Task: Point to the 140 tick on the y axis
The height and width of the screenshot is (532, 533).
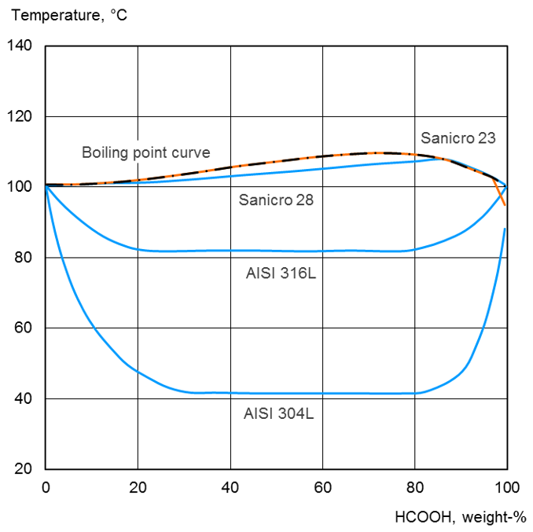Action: coord(20,46)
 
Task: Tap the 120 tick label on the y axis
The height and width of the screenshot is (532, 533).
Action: coord(20,117)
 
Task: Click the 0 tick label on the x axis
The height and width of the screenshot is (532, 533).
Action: coord(46,487)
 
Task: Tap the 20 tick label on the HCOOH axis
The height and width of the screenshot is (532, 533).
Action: coord(138,487)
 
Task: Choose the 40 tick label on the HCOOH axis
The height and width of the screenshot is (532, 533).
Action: coord(230,487)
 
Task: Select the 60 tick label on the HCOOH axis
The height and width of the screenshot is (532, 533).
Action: coord(322,487)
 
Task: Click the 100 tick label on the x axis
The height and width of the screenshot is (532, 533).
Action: coord(506,487)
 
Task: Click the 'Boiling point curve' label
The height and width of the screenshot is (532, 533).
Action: coord(145,152)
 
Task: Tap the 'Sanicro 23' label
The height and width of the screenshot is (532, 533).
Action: coord(458,138)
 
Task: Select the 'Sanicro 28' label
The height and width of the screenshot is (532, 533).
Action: coord(276,200)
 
